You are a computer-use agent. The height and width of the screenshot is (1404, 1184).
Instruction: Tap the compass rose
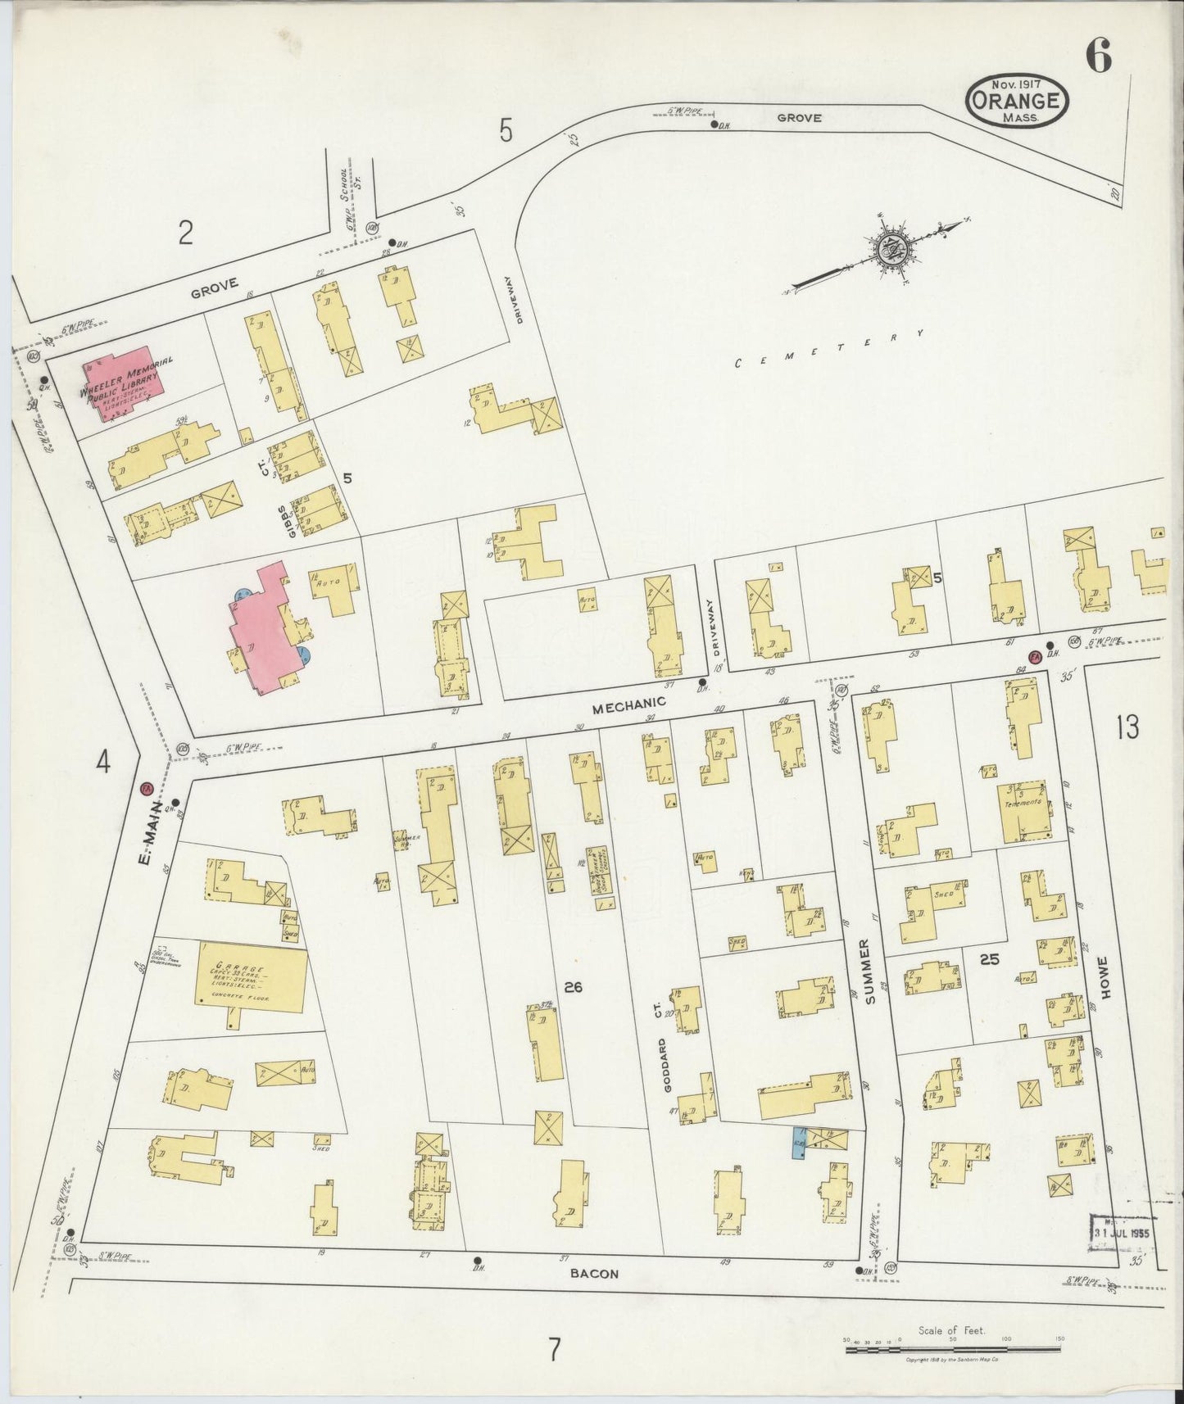click(x=890, y=250)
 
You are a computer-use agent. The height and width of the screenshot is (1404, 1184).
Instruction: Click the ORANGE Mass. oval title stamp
click(x=1018, y=101)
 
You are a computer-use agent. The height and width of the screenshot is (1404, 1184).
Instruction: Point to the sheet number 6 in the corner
click(x=1098, y=56)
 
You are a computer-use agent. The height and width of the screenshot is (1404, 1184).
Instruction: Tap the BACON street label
click(x=596, y=1274)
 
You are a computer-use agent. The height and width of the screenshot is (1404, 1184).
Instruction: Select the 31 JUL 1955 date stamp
click(x=1122, y=1232)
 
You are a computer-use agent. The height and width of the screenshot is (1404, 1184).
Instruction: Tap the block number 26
click(x=573, y=987)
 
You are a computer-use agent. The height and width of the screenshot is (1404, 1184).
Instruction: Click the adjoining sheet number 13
click(x=1127, y=727)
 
